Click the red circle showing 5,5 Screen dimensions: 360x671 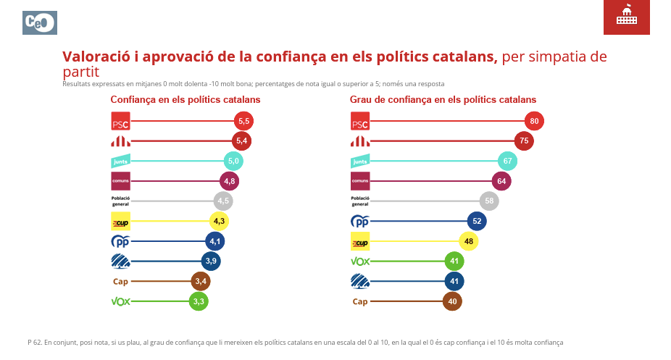point(244,121)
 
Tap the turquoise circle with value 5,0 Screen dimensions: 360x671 point(233,161)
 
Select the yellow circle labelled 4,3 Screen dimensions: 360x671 point(219,221)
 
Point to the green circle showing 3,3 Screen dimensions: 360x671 point(199,301)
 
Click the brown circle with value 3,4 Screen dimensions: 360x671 point(201,281)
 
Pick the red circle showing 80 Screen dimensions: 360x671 point(534,121)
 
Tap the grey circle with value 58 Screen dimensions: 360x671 point(489,201)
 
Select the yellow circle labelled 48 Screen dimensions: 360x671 point(468,241)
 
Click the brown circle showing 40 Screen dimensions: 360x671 point(452,301)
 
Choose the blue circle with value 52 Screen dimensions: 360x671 point(476,221)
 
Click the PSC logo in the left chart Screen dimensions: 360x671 point(120,121)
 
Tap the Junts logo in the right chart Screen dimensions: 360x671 point(360,161)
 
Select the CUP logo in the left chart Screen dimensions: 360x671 point(120,221)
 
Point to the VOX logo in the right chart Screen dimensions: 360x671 point(360,261)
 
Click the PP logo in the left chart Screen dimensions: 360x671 point(120,241)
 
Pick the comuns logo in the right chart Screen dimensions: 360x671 point(360,180)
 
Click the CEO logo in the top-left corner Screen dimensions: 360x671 point(40,22)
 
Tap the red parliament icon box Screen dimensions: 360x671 point(627,17)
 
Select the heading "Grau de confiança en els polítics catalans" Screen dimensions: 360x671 point(443,99)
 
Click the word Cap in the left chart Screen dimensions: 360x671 point(120,281)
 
